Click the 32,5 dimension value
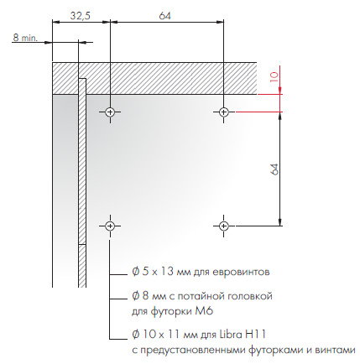click(81, 16)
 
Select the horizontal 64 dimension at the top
click(164, 16)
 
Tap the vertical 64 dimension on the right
click(275, 169)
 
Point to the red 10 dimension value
click(274, 77)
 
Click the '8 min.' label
click(25, 37)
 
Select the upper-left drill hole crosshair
click(110, 112)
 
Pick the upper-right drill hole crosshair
click(223, 112)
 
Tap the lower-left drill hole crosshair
click(110, 226)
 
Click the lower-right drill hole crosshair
click(223, 226)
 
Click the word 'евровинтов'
click(241, 272)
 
